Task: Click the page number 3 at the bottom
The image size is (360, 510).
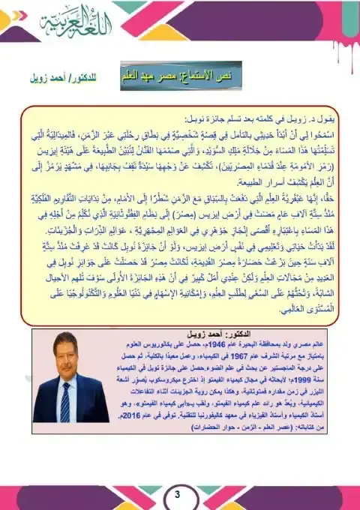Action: click(x=178, y=495)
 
